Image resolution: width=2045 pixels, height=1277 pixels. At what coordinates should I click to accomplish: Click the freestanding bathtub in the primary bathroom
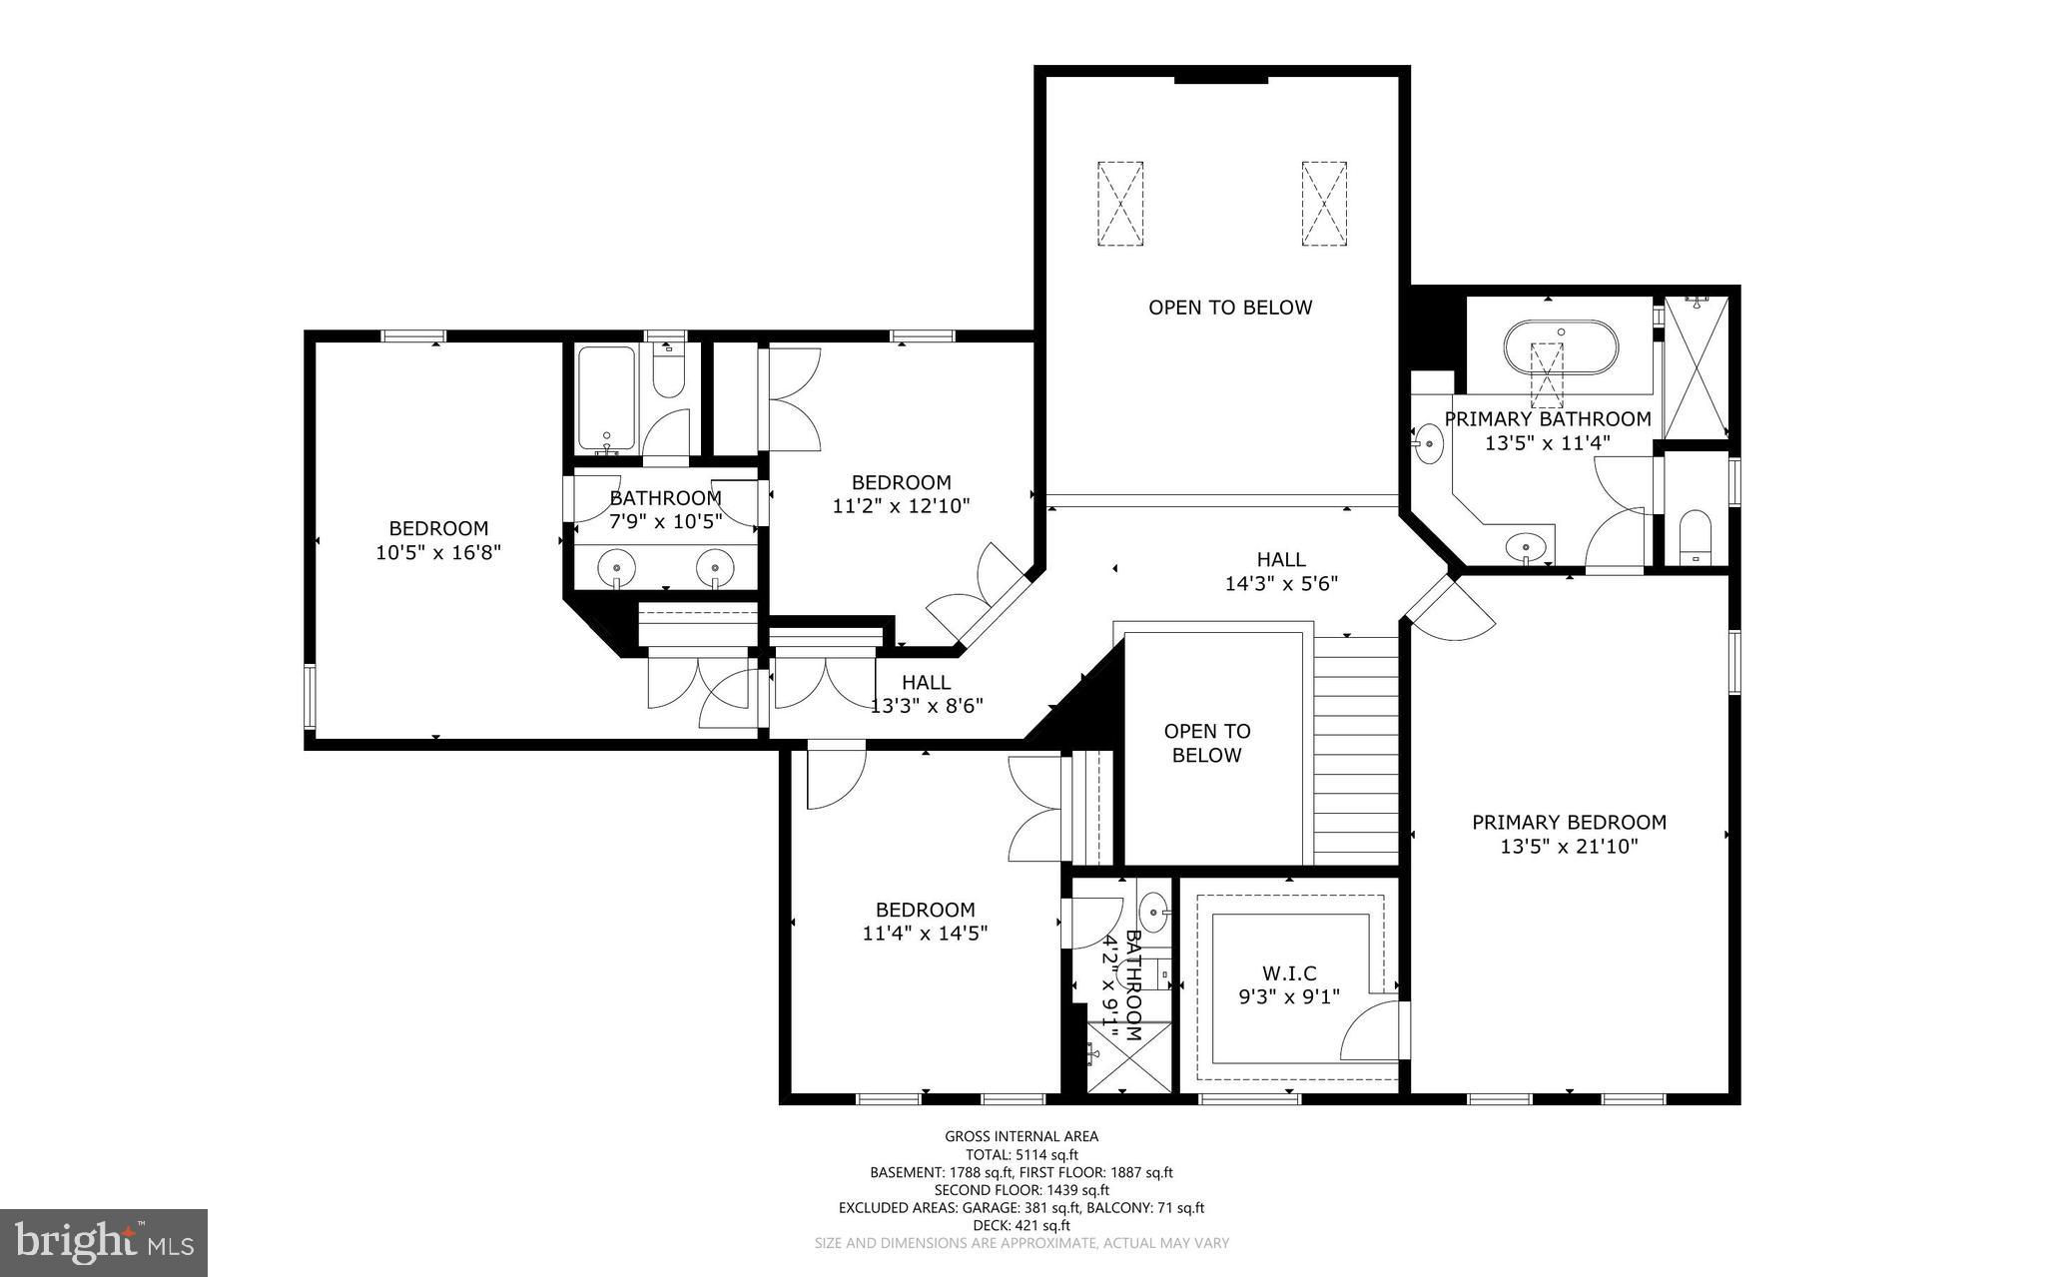1561,346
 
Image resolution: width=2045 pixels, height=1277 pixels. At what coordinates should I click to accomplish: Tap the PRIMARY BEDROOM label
1569,822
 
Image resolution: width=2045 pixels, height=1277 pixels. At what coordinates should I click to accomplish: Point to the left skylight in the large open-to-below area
1119,204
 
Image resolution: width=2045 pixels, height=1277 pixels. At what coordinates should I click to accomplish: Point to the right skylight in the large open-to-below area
1323,204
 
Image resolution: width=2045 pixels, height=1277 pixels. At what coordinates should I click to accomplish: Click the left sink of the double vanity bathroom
615,569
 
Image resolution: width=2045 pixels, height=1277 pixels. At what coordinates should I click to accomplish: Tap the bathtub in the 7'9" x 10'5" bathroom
605,397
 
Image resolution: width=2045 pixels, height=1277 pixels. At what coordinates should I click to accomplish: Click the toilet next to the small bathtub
667,373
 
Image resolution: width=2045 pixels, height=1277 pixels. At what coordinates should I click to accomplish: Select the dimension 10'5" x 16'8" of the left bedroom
437,552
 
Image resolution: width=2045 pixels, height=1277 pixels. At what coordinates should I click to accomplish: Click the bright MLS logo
104,1241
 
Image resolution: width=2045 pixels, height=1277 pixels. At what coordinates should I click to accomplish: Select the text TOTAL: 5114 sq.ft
1022,1154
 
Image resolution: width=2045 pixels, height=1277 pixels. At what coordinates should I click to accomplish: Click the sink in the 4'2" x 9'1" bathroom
1154,911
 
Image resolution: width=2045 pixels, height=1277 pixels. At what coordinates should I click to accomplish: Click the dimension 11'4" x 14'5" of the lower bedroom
925,934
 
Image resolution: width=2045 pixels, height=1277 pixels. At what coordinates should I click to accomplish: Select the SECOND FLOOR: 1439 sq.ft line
1022,1190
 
